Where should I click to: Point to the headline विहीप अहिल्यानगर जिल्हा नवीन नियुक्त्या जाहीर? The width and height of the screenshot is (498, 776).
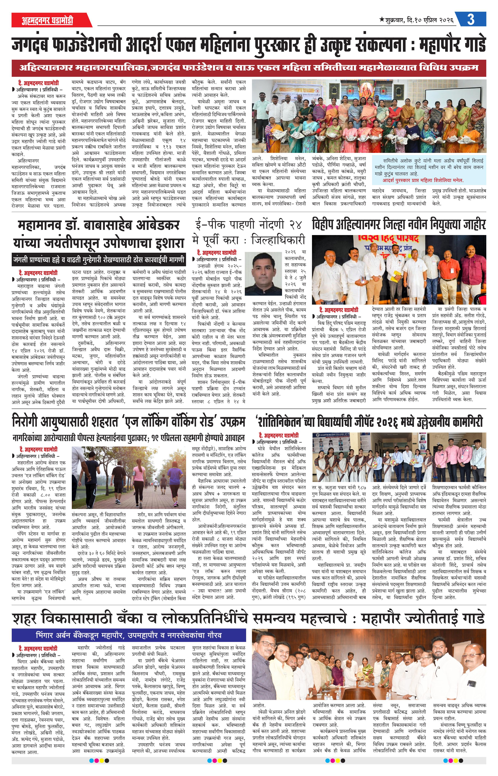click(x=399, y=225)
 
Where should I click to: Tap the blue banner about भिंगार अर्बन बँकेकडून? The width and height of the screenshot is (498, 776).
click(x=128, y=635)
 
